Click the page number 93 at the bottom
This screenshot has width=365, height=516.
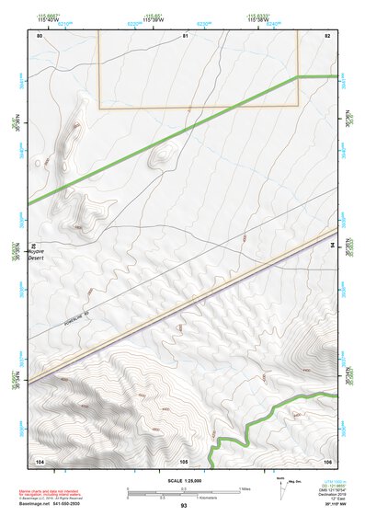pyautogui.click(x=184, y=506)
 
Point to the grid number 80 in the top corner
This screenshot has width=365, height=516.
pyautogui.click(x=40, y=35)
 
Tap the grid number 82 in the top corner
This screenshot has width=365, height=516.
pyautogui.click(x=327, y=35)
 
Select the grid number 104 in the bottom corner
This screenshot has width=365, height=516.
pyautogui.click(x=40, y=460)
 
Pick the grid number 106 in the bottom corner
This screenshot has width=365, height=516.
pyautogui.click(x=327, y=460)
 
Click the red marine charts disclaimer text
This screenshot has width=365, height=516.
pyautogui.click(x=55, y=495)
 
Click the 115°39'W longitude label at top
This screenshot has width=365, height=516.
pyautogui.click(x=152, y=18)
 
